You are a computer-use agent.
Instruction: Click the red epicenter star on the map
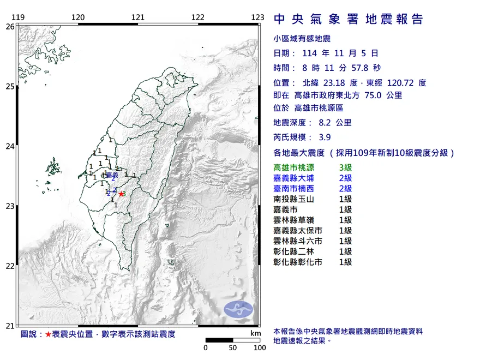click(x=121, y=194)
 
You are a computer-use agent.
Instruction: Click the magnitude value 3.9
click(x=324, y=137)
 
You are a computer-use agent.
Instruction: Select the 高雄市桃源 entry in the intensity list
click(x=295, y=167)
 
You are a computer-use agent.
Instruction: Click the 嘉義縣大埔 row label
click(x=295, y=178)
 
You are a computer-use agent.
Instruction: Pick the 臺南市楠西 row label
click(x=295, y=188)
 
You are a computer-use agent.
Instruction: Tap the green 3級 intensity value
click(x=345, y=167)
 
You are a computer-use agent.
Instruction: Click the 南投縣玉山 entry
click(x=295, y=199)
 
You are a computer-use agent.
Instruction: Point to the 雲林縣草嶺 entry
click(x=295, y=220)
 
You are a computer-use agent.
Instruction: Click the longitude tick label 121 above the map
click(x=137, y=17)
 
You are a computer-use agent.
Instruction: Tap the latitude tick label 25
click(x=10, y=86)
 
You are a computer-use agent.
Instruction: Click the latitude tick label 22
click(x=10, y=266)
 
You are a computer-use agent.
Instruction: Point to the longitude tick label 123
click(x=257, y=17)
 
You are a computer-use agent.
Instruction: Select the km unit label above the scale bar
click(x=255, y=333)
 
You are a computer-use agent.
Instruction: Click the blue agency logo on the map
click(x=239, y=309)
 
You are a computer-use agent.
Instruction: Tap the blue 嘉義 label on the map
click(x=112, y=175)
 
